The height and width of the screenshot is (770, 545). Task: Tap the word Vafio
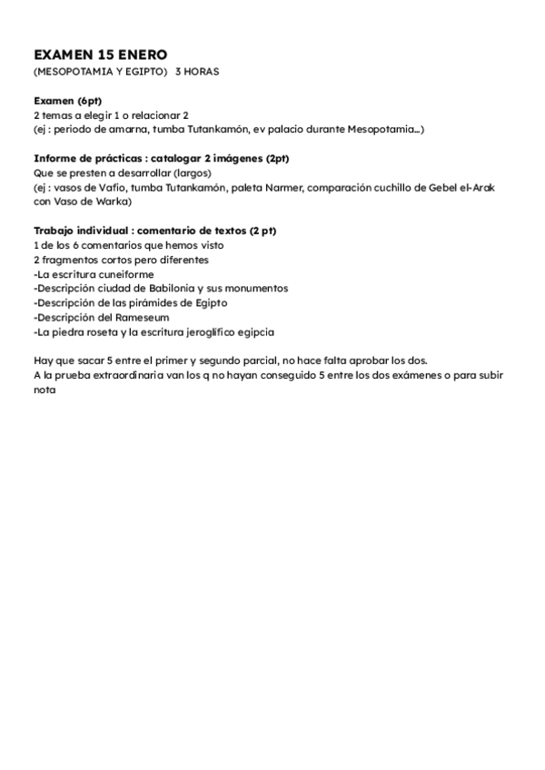(118, 187)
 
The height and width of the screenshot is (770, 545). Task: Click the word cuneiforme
(120, 273)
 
